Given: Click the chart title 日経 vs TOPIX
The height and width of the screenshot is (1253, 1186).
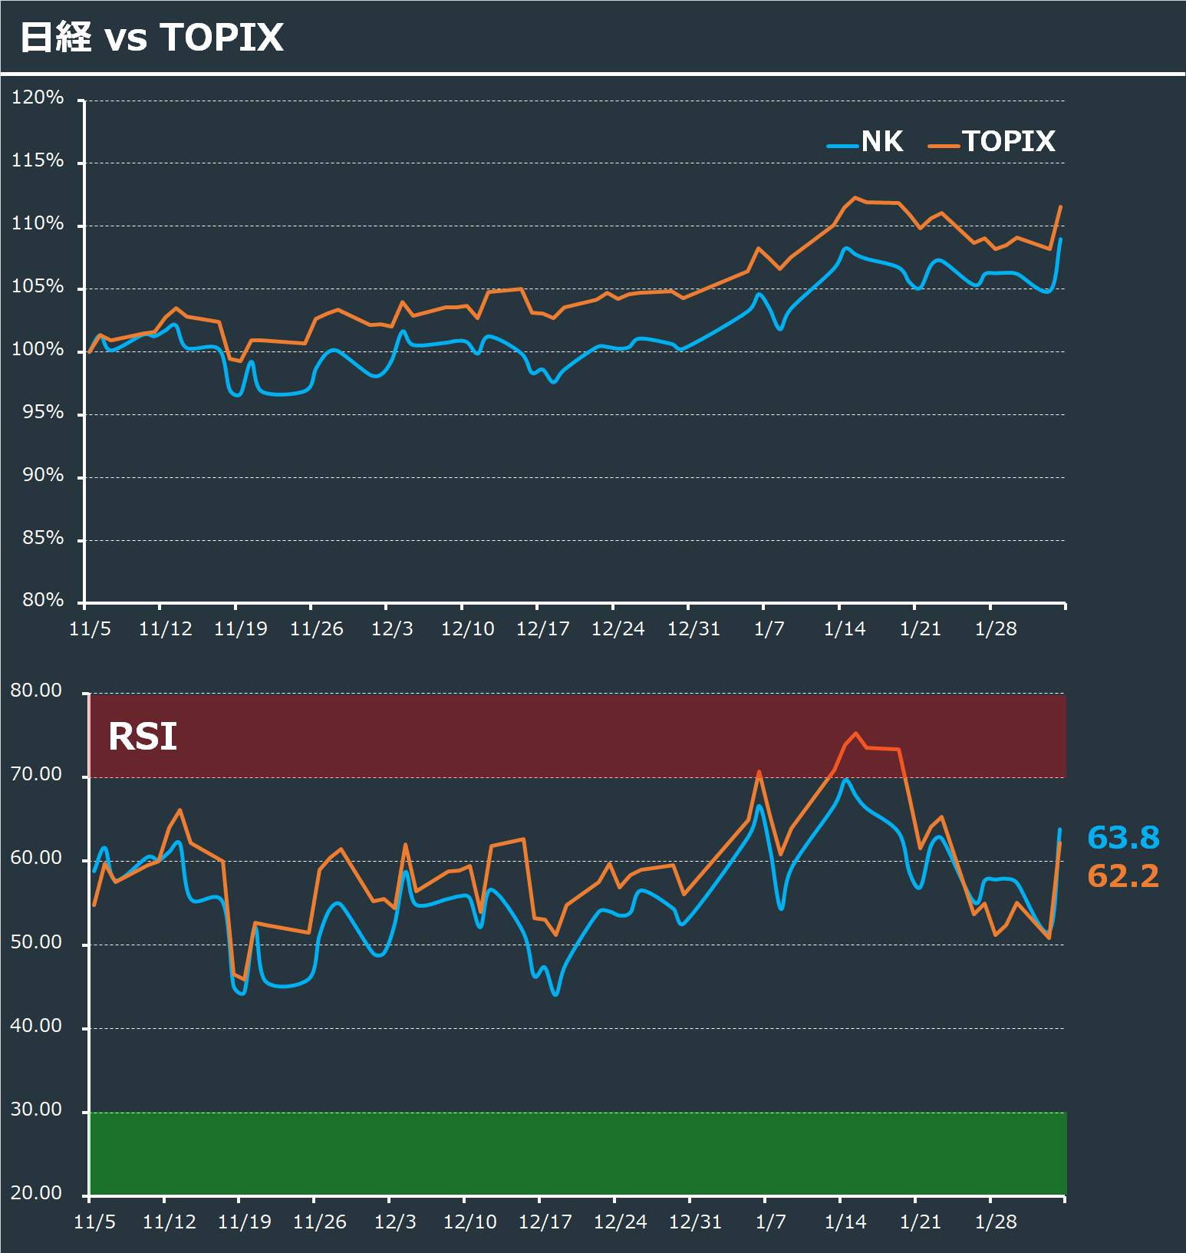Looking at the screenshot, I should click(x=152, y=37).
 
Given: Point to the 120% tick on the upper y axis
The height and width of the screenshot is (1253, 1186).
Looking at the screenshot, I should click(x=38, y=97).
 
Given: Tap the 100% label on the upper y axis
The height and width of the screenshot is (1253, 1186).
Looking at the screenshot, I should click(x=38, y=349).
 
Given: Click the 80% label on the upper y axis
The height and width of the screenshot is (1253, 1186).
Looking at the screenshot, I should click(x=42, y=600).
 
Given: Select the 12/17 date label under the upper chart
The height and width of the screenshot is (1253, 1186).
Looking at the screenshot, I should click(x=542, y=629).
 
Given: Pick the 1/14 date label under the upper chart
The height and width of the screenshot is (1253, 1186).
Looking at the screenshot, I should click(x=844, y=629).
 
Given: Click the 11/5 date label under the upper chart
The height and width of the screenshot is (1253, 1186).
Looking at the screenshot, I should click(x=90, y=629).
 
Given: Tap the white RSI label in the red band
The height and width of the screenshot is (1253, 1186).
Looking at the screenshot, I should click(x=143, y=737).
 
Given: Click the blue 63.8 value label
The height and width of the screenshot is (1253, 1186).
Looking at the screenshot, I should click(x=1123, y=837).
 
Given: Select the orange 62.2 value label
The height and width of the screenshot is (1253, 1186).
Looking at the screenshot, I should click(x=1123, y=875).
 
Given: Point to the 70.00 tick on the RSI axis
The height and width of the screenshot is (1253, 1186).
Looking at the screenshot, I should click(x=36, y=774).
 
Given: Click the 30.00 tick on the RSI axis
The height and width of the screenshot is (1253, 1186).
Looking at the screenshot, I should click(x=36, y=1110).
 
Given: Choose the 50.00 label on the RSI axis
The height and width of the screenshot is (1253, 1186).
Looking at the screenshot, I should click(x=36, y=942).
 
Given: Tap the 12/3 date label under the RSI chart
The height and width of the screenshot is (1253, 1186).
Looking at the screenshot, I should click(x=395, y=1222).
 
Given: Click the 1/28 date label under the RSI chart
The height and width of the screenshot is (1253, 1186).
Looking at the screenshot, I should click(x=995, y=1222).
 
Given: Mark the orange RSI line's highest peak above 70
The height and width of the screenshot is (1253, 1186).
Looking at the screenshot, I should click(x=856, y=734).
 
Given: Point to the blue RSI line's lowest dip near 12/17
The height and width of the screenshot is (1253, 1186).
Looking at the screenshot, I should click(x=555, y=994).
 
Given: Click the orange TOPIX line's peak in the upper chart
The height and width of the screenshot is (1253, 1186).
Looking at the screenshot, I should click(x=855, y=198).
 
